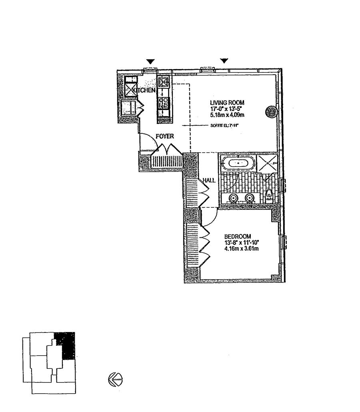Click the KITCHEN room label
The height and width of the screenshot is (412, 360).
[144, 91]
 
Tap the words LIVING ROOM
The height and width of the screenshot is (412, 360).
[227, 102]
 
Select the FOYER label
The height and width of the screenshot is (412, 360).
[165, 136]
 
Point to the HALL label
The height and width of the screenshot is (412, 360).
[209, 180]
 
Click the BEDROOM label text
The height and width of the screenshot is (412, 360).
[238, 236]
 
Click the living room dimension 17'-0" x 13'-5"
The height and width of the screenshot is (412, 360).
[227, 108]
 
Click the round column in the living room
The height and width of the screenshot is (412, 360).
[271, 111]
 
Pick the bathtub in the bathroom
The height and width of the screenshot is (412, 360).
[239, 163]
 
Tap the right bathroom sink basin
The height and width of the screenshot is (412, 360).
[250, 197]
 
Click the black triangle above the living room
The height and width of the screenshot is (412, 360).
[224, 61]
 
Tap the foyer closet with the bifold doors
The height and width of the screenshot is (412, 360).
[167, 162]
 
